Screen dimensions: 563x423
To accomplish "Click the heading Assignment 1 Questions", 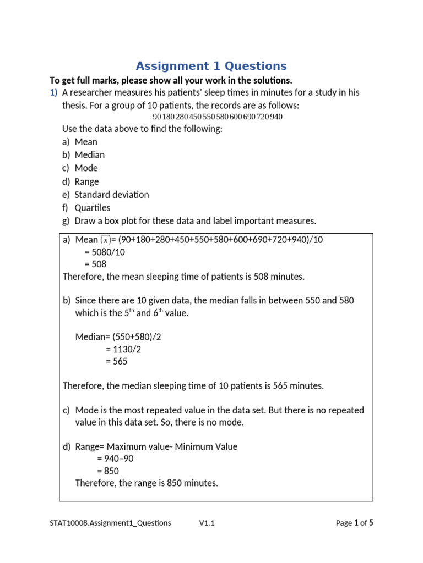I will pyautogui.click(x=211, y=67).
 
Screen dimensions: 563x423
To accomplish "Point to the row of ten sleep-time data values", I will pyautogui.click(x=218, y=117).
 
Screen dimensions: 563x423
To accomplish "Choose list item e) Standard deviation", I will pyautogui.click(x=105, y=195).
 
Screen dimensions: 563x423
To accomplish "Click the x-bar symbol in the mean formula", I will pyautogui.click(x=105, y=240).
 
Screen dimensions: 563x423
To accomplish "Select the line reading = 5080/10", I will pyautogui.click(x=105, y=252).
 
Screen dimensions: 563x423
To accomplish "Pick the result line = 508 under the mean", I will pyautogui.click(x=95, y=264).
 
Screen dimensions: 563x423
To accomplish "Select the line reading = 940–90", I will pyautogui.click(x=115, y=459).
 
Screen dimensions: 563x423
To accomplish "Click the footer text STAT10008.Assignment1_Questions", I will pyautogui.click(x=110, y=523).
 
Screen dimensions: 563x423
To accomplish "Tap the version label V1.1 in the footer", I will pyautogui.click(x=207, y=523).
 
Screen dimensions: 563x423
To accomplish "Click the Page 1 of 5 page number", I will pyautogui.click(x=354, y=523).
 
